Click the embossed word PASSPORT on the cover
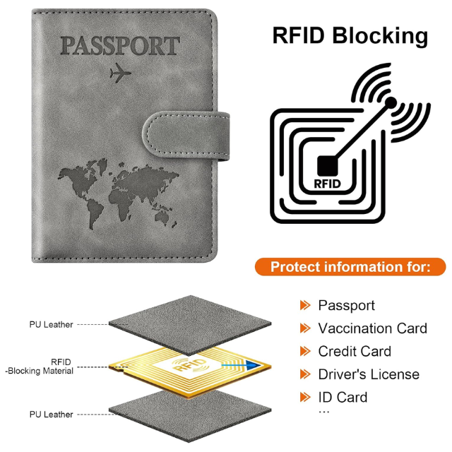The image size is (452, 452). coord(119,46)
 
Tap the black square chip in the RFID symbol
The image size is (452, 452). coord(327,165)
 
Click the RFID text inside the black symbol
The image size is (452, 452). coord(327,184)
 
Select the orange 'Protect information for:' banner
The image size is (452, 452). coord(350,267)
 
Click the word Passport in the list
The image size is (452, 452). coord(346,305)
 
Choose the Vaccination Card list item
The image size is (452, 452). coord(372,328)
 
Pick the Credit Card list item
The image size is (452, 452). coord(354,351)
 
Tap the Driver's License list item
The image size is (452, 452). coord(369,374)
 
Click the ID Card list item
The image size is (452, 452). coord(343,397)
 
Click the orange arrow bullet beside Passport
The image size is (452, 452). coord(305,305)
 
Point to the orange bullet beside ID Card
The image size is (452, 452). coord(305,397)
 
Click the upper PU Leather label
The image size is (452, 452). coord(51,325)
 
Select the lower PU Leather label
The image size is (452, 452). coord(51,415)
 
